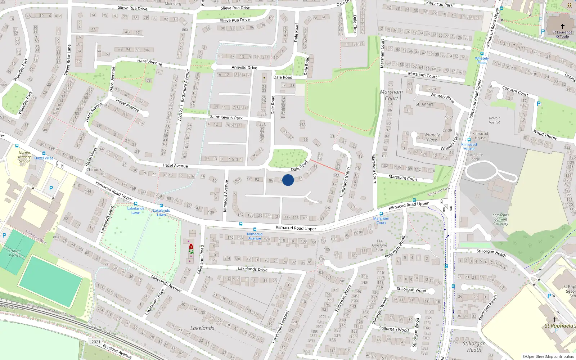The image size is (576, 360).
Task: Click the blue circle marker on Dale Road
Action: coord(288,180)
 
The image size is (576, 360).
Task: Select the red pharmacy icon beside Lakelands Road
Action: coord(191,247)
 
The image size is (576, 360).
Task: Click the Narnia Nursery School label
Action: coord(24,157)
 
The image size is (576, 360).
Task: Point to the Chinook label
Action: coord(94,170)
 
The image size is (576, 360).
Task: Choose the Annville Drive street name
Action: coord(244,67)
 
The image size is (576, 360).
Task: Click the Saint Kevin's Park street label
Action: coord(226,117)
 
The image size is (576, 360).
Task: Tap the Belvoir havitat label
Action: coord(494,120)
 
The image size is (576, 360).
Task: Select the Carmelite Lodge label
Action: coord(474,157)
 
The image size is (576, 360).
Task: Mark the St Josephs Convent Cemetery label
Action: coord(501,219)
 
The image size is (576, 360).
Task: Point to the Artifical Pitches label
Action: coord(14,253)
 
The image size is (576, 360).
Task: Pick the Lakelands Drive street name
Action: coord(252,269)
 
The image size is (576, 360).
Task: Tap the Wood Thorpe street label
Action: coord(545,135)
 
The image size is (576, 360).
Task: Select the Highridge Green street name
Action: coord(345,182)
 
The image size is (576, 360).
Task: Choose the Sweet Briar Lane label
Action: coord(67,60)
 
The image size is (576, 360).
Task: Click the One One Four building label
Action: coord(379,245)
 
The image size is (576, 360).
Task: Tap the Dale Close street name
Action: coord(355,24)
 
